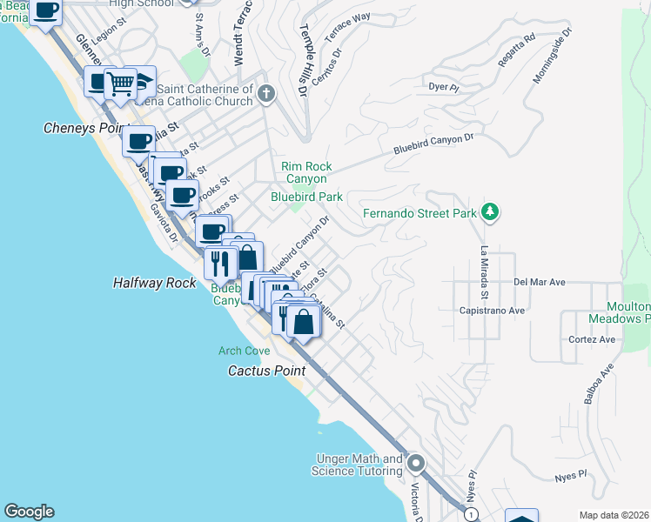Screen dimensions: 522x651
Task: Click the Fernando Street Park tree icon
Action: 490,212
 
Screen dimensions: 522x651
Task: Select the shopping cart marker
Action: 121,84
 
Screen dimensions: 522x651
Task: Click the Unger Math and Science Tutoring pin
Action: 415,464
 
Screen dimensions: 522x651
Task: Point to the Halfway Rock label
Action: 150,283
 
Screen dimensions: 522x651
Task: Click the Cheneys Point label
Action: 79,128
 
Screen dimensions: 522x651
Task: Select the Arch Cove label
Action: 244,351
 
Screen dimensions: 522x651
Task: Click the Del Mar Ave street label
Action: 540,282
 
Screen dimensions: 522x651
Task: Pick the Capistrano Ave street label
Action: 493,310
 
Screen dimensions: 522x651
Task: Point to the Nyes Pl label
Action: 572,478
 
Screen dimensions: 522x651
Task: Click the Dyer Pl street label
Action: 444,86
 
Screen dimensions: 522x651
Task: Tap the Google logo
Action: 29,512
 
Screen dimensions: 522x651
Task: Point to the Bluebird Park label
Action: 306,197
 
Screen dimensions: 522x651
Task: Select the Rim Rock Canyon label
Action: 305,172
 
